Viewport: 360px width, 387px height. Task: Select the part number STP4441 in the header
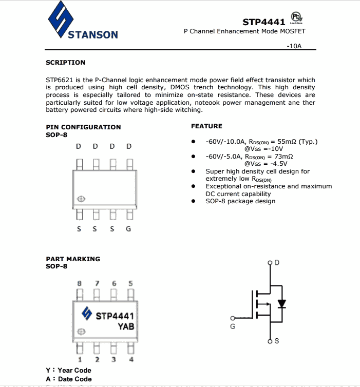(x=263, y=22)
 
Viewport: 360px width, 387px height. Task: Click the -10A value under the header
(x=294, y=46)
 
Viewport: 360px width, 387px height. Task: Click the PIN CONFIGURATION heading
(x=83, y=127)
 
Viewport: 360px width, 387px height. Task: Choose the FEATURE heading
(x=206, y=126)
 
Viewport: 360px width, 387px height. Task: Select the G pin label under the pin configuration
(x=128, y=229)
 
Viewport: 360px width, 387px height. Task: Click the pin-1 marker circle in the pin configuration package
(x=81, y=199)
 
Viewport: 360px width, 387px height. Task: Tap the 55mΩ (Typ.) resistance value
(x=297, y=141)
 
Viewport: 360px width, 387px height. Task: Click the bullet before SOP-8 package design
(x=193, y=201)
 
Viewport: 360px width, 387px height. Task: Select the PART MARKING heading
(x=73, y=259)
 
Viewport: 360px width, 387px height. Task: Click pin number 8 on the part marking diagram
(x=79, y=283)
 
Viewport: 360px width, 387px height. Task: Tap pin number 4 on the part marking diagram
(x=131, y=359)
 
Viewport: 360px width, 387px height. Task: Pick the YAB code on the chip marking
(x=126, y=326)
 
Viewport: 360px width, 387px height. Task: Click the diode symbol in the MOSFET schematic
(x=281, y=303)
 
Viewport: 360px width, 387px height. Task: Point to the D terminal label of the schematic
(x=277, y=263)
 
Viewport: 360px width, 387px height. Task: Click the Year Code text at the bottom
(x=74, y=370)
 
